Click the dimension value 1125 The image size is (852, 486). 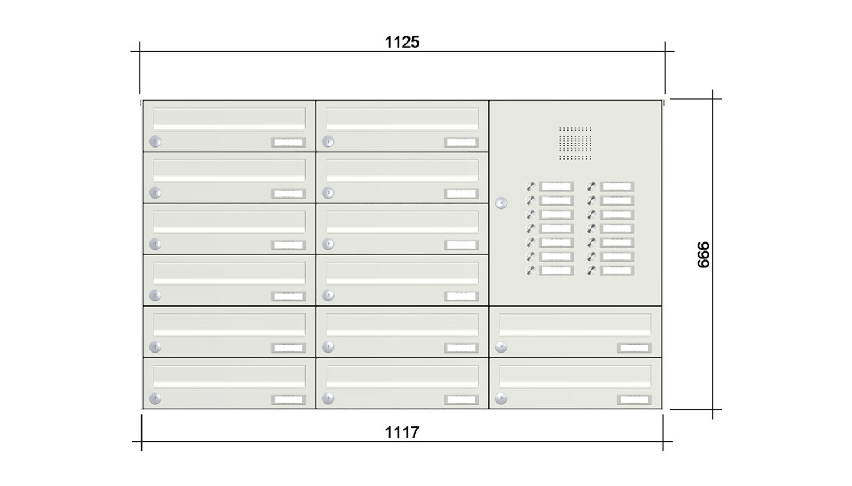pyautogui.click(x=402, y=42)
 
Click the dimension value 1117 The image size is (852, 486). pyautogui.click(x=402, y=433)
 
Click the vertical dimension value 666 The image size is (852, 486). pyautogui.click(x=703, y=254)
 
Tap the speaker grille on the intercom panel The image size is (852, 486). pyautogui.click(x=575, y=143)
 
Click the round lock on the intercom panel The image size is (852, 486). pyautogui.click(x=501, y=203)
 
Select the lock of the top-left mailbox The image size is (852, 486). pyautogui.click(x=155, y=141)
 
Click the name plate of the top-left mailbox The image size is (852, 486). pyautogui.click(x=288, y=143)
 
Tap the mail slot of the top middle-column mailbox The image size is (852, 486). pyautogui.click(x=402, y=119)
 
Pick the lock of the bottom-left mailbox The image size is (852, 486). pyautogui.click(x=155, y=399)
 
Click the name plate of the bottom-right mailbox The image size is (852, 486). pyautogui.click(x=634, y=400)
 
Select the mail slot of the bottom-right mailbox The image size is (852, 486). pyautogui.click(x=575, y=376)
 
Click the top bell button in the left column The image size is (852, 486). pyautogui.click(x=531, y=186)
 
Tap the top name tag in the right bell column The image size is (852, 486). pyautogui.click(x=617, y=186)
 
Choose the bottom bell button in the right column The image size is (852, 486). pyautogui.click(x=591, y=271)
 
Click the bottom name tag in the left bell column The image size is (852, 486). pyautogui.click(x=556, y=271)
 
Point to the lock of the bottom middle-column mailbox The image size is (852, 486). pyautogui.click(x=328, y=399)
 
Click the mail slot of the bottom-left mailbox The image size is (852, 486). pyautogui.click(x=229, y=376)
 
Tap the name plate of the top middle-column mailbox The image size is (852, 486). pyautogui.click(x=461, y=143)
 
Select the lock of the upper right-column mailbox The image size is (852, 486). pyautogui.click(x=501, y=347)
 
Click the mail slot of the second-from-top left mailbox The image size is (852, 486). pyautogui.click(x=229, y=170)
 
